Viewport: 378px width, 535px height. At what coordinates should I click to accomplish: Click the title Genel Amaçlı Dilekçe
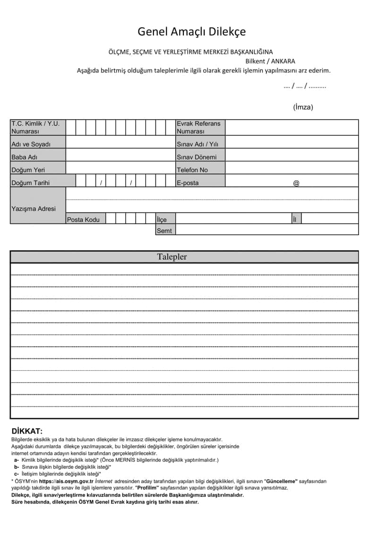[x=191, y=32]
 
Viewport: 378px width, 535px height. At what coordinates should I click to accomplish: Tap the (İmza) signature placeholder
[x=303, y=107]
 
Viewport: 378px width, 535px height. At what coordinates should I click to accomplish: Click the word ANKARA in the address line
[x=283, y=61]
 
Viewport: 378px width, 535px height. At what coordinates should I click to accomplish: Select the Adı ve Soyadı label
[x=31, y=144]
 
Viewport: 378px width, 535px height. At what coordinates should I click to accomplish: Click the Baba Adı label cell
[x=24, y=157]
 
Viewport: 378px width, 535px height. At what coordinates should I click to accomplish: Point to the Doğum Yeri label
[x=28, y=170]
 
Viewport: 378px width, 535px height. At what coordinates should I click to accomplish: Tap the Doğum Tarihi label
[x=30, y=183]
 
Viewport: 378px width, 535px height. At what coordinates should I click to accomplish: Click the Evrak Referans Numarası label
[x=198, y=127]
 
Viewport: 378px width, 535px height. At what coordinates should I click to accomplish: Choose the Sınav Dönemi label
[x=197, y=157]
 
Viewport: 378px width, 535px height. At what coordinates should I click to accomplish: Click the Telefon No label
[x=192, y=170]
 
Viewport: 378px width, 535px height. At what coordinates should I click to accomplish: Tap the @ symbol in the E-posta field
[x=296, y=183]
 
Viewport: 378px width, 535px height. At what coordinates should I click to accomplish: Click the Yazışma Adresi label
[x=33, y=209]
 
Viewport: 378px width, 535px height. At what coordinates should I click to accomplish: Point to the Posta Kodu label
[x=83, y=219]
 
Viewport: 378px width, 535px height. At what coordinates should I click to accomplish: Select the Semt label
[x=164, y=231]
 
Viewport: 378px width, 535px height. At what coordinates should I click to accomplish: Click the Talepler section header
[x=172, y=257]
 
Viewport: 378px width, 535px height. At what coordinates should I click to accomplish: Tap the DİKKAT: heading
[x=27, y=431]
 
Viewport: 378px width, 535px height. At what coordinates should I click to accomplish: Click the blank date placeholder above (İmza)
[x=305, y=86]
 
